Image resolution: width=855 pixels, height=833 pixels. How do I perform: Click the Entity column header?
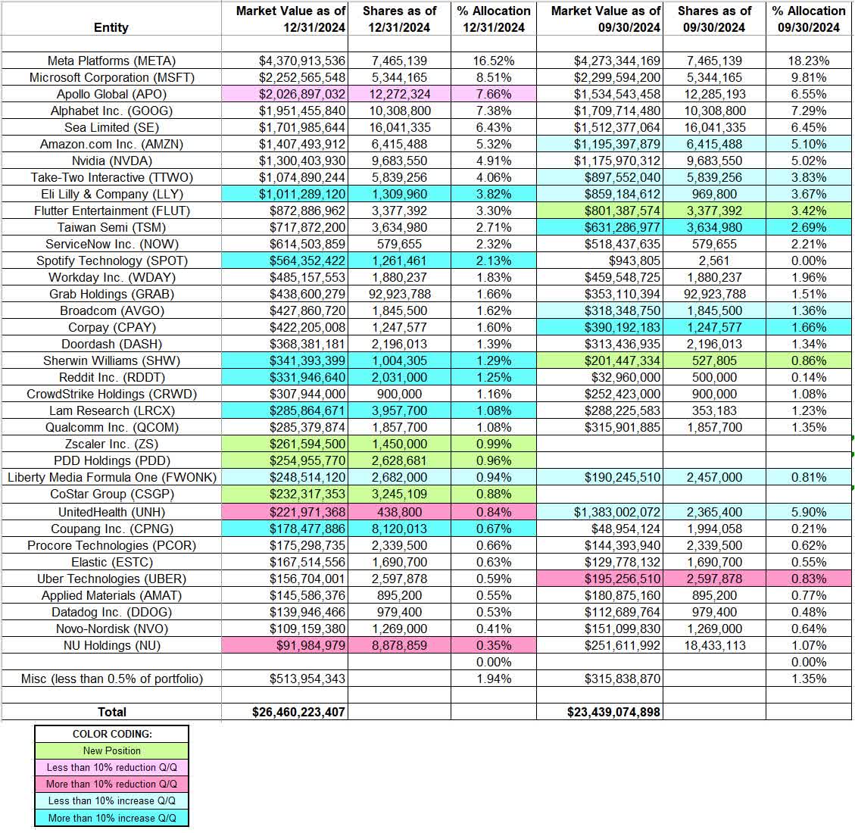click(x=111, y=27)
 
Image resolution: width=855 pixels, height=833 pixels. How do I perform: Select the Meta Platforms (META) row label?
click(x=111, y=61)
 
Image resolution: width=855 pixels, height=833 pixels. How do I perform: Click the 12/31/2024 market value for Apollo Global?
click(x=301, y=94)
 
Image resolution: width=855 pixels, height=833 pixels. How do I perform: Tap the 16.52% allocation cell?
click(x=494, y=61)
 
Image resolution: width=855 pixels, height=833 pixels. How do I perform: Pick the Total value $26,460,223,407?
click(x=298, y=712)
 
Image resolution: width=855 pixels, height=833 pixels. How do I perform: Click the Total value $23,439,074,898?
click(x=613, y=712)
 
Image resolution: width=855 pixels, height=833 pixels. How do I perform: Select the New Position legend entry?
click(x=111, y=750)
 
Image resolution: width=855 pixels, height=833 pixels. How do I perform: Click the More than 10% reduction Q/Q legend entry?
click(x=111, y=784)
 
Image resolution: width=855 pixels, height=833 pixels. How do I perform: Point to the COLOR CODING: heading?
click(x=111, y=734)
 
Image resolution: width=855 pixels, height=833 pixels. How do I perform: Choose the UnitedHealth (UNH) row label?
click(x=111, y=512)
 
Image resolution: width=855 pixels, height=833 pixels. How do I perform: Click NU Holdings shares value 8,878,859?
click(x=399, y=645)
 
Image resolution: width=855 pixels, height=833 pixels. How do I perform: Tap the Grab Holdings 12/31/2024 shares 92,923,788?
click(x=399, y=294)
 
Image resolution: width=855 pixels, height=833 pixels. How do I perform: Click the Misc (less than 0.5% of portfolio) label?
click(x=111, y=679)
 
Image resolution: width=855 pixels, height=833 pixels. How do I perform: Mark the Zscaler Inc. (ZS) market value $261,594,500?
click(x=301, y=444)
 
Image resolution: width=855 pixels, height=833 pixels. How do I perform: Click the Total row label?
click(x=111, y=712)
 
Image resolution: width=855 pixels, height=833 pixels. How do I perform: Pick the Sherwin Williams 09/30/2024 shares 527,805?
click(x=714, y=360)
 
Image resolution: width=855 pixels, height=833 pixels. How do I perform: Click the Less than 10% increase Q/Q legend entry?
click(x=111, y=800)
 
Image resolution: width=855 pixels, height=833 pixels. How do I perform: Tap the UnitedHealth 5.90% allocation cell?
click(x=809, y=512)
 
